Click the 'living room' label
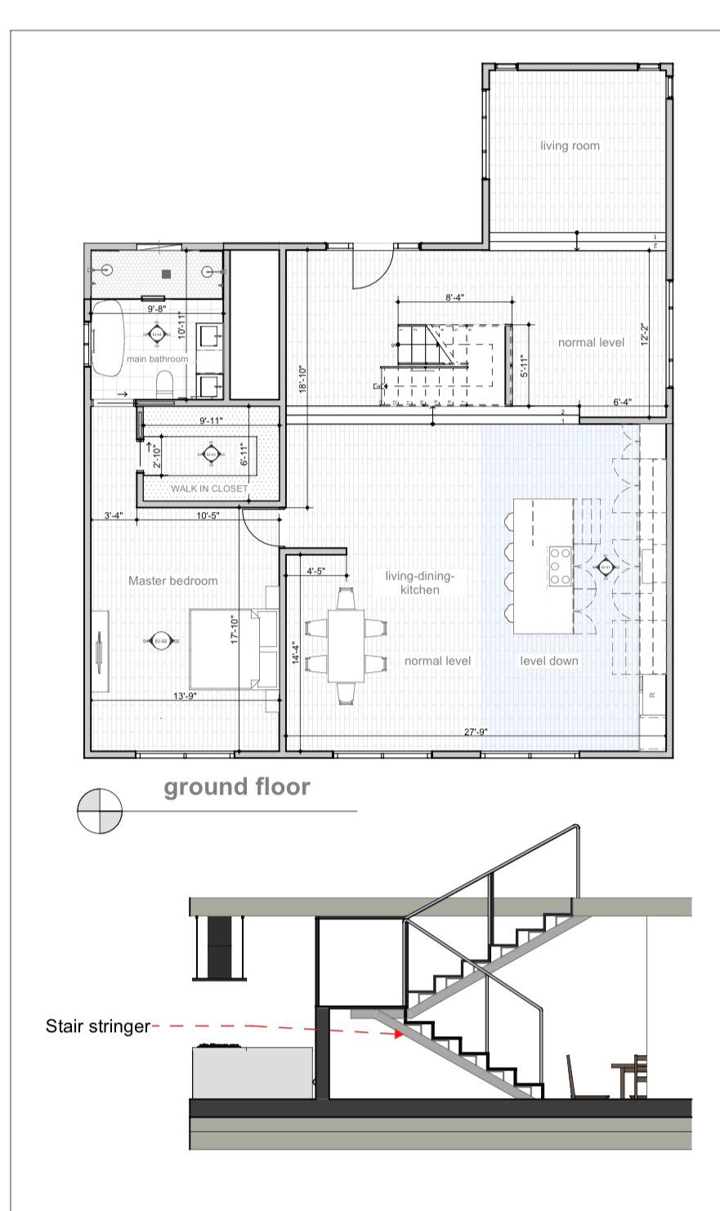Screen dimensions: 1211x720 (570, 146)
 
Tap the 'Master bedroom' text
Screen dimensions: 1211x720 (173, 581)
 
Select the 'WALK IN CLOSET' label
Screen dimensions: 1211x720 (209, 488)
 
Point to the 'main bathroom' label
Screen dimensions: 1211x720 (157, 358)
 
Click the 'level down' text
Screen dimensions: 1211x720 (549, 661)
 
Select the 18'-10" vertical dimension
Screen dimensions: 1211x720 (302, 379)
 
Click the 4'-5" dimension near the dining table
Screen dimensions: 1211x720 (316, 572)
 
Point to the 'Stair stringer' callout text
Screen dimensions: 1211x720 (98, 1026)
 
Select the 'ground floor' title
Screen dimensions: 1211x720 (237, 787)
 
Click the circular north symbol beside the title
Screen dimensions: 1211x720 (100, 811)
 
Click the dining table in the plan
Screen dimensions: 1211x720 (346, 644)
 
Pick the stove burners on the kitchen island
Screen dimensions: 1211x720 (560, 566)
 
